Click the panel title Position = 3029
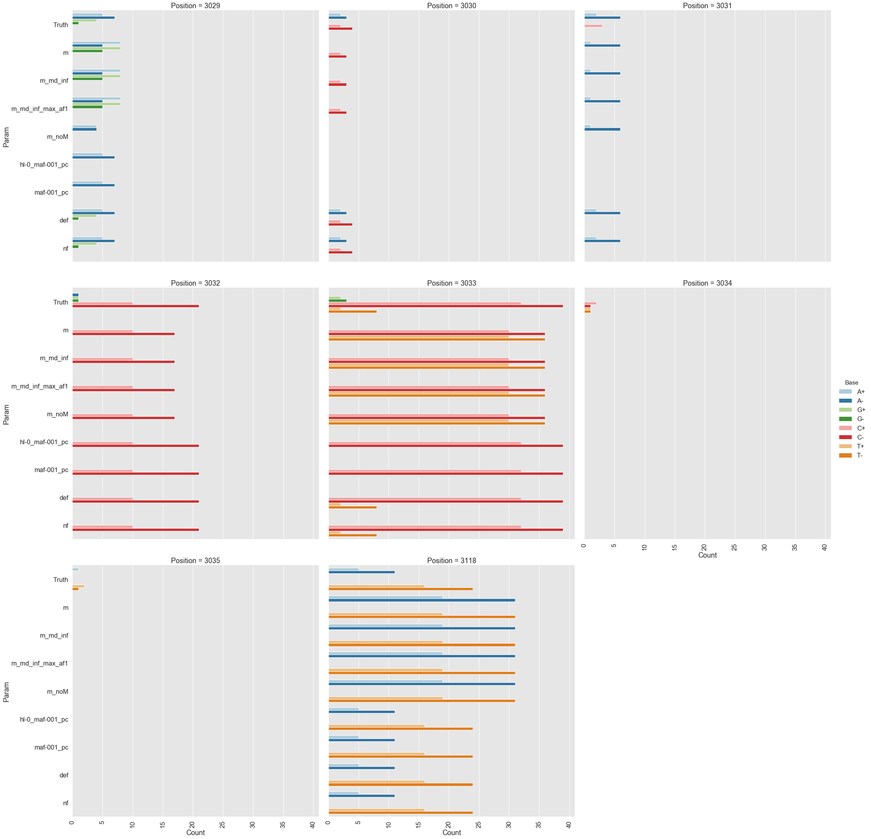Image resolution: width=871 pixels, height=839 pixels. coord(195,6)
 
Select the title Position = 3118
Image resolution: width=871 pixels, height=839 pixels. coord(452,560)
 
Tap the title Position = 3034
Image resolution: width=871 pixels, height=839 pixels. coord(707,283)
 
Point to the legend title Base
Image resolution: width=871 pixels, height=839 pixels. coord(851,382)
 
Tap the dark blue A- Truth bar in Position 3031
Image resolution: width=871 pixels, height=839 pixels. coord(602,18)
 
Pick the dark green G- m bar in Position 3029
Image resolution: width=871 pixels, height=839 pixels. coord(87,51)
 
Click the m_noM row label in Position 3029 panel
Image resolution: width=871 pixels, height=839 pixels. coord(58,137)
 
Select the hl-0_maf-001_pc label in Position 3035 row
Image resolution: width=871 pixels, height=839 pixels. coord(44,719)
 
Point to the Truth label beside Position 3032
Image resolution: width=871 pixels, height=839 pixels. coord(61,302)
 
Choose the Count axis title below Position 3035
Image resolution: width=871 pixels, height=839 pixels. coord(195,832)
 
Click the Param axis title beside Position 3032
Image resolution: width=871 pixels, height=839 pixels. coord(6,414)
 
